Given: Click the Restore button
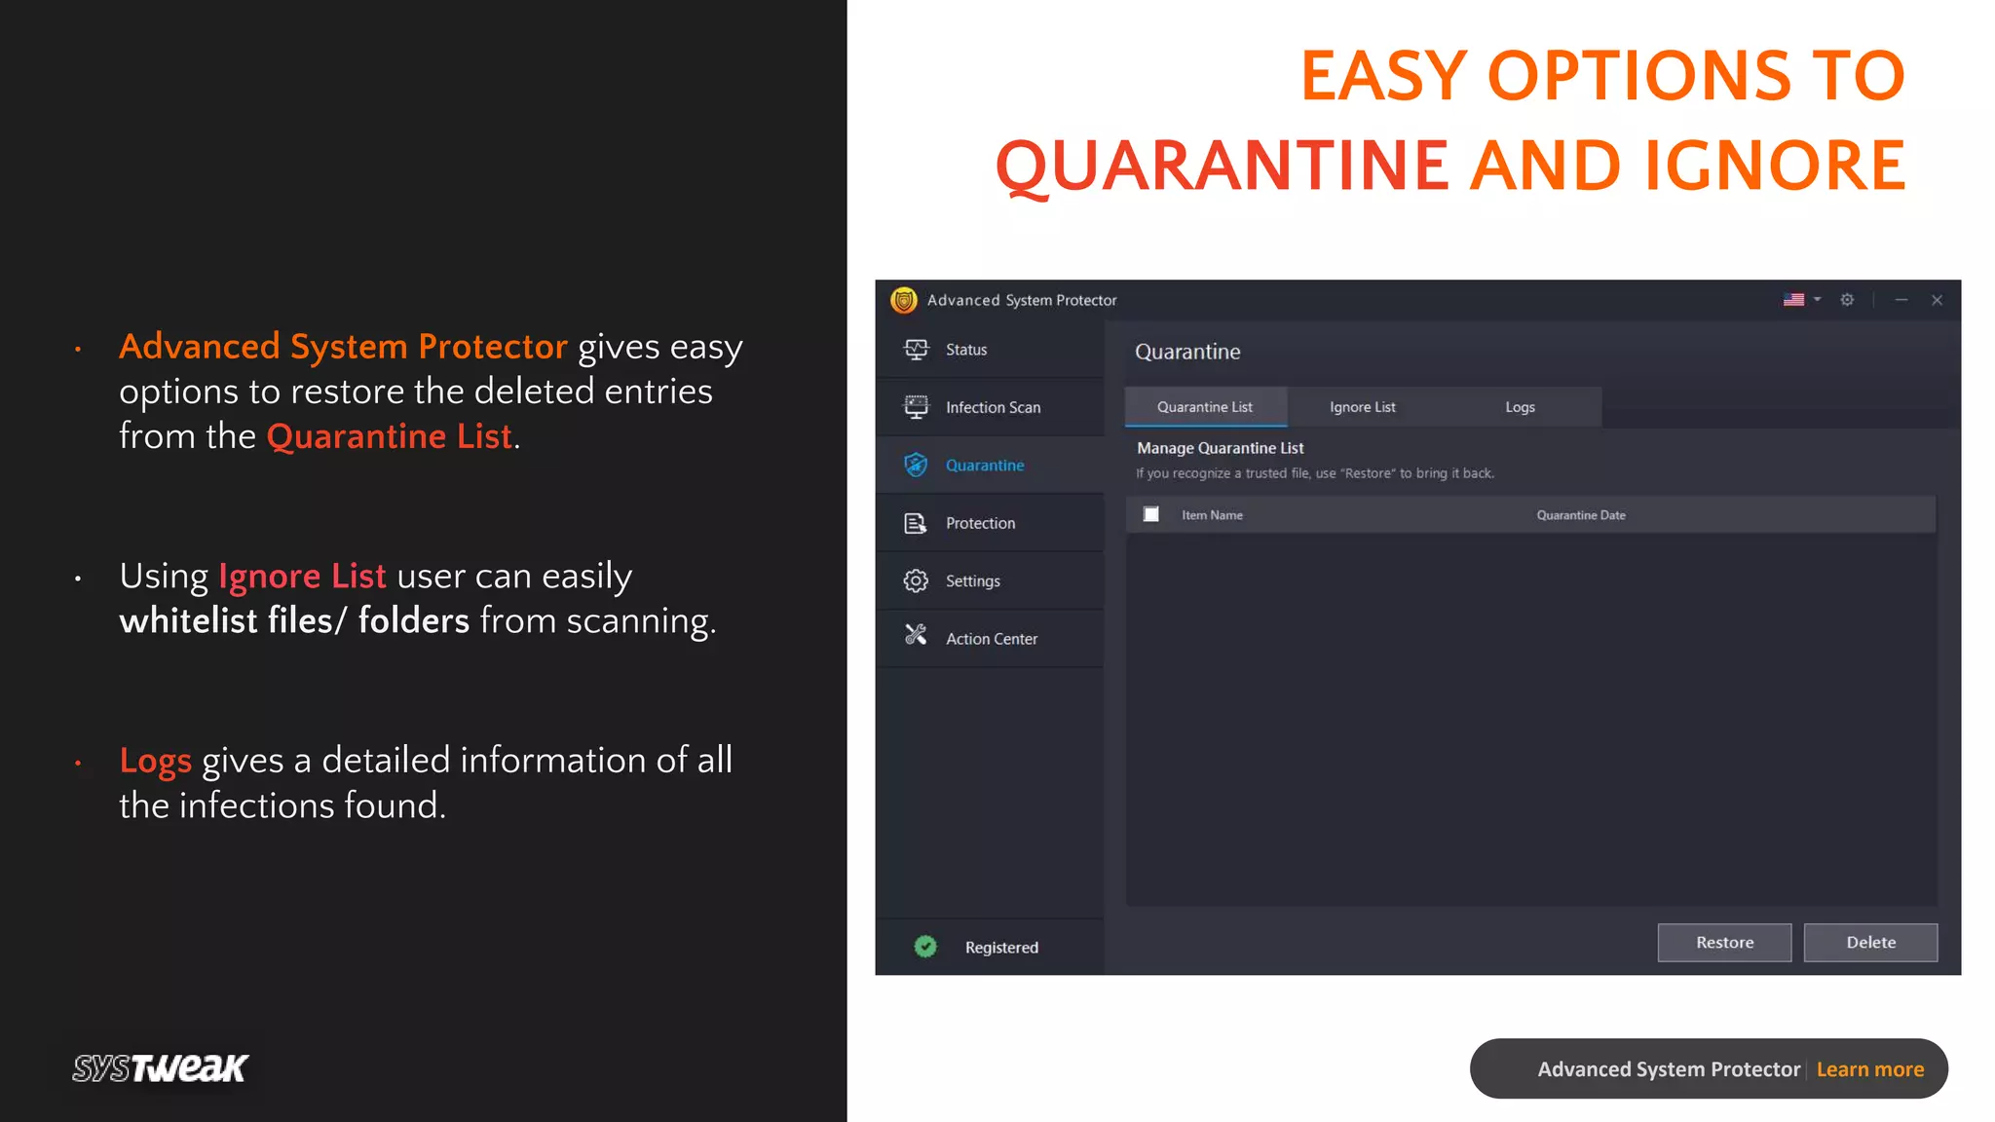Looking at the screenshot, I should pyautogui.click(x=1723, y=942).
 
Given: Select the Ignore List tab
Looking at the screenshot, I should pyautogui.click(x=1362, y=407).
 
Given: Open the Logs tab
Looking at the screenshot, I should pyautogui.click(x=1519, y=407).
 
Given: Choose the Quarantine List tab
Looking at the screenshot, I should pyautogui.click(x=1205, y=407).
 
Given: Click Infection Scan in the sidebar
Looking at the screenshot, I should pyautogui.click(x=992, y=407).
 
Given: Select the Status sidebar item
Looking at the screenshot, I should pyautogui.click(x=965, y=350).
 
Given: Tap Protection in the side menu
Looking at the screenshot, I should pyautogui.click(x=979, y=523).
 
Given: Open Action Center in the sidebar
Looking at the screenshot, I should pyautogui.click(x=991, y=639).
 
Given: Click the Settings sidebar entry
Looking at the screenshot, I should pyautogui.click(x=972, y=581).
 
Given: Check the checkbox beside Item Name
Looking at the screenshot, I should pyautogui.click(x=1150, y=514).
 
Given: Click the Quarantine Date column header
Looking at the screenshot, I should pyautogui.click(x=1580, y=515).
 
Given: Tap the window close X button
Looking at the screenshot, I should pyautogui.click(x=1937, y=300).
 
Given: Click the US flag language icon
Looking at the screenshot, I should pyautogui.click(x=1793, y=300).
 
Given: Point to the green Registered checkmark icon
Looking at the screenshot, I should pyautogui.click(x=925, y=947).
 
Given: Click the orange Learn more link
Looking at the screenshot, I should pyautogui.click(x=1869, y=1069).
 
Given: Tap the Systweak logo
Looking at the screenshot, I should pyautogui.click(x=161, y=1068).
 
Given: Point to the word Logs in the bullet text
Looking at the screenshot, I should pyautogui.click(x=155, y=761).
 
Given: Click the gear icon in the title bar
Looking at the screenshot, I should pyautogui.click(x=1847, y=300).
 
